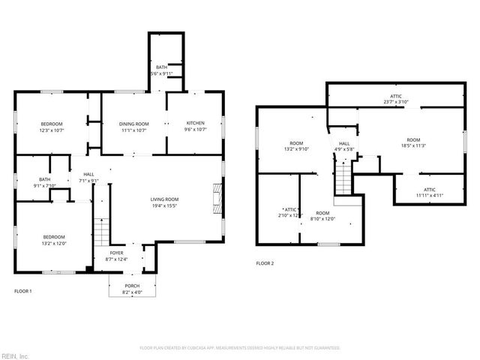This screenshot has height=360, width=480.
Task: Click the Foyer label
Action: click(x=116, y=256)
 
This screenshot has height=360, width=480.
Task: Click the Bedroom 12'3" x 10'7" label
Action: click(x=51, y=127)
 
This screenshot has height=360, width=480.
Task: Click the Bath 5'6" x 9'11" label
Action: click(x=162, y=70)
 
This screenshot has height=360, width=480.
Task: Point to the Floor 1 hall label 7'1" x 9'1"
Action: click(x=88, y=177)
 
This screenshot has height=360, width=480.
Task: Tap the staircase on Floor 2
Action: click(x=343, y=178)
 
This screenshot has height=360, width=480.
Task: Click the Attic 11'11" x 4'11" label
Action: click(x=429, y=192)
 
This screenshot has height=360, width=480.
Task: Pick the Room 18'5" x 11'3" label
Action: click(x=413, y=142)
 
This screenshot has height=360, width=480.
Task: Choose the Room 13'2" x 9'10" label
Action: click(x=296, y=145)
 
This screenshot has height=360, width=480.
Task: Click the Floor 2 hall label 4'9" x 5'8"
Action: click(x=344, y=145)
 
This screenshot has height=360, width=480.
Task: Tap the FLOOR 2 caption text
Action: click(x=265, y=263)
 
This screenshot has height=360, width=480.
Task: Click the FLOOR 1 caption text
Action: click(x=23, y=290)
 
